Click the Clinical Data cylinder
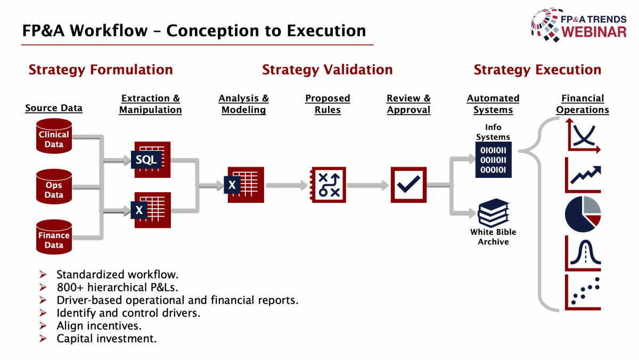click(x=54, y=136)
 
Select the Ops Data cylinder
click(x=54, y=186)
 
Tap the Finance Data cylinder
click(x=54, y=237)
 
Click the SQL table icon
click(x=151, y=160)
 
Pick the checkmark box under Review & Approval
click(x=408, y=185)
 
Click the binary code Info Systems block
click(x=493, y=160)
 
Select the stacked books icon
click(x=493, y=212)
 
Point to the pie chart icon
click(x=583, y=214)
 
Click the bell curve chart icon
click(x=583, y=253)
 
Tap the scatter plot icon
click(x=583, y=292)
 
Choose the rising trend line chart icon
click(x=583, y=175)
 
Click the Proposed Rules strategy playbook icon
click(x=328, y=185)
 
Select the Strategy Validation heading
click(x=327, y=70)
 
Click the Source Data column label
click(x=54, y=108)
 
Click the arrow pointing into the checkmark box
click(x=368, y=185)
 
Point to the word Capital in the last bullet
click(x=74, y=339)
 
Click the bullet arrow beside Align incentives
click(x=43, y=326)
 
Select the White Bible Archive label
click(x=493, y=237)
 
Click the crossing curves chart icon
click(x=583, y=136)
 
